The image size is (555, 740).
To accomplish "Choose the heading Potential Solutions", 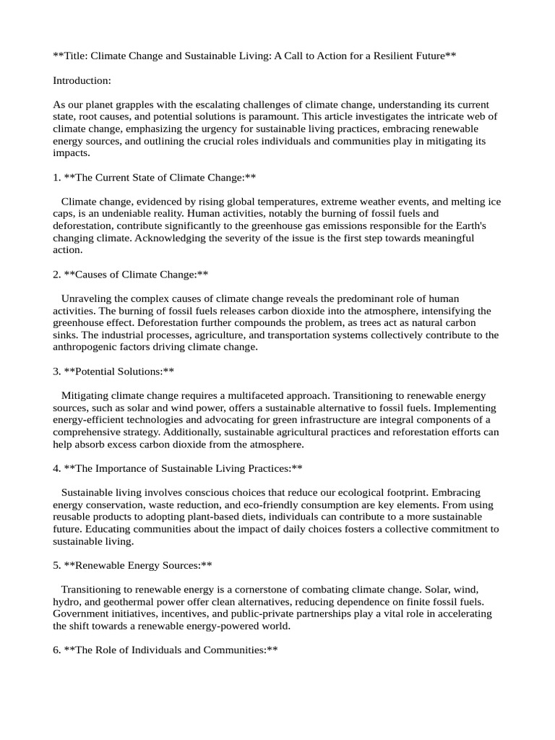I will (x=113, y=371).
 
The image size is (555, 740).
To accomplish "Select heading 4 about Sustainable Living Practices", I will (x=178, y=468).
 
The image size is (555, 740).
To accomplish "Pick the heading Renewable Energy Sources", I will (x=133, y=565).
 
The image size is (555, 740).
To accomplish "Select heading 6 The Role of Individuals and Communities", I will (x=165, y=650).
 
